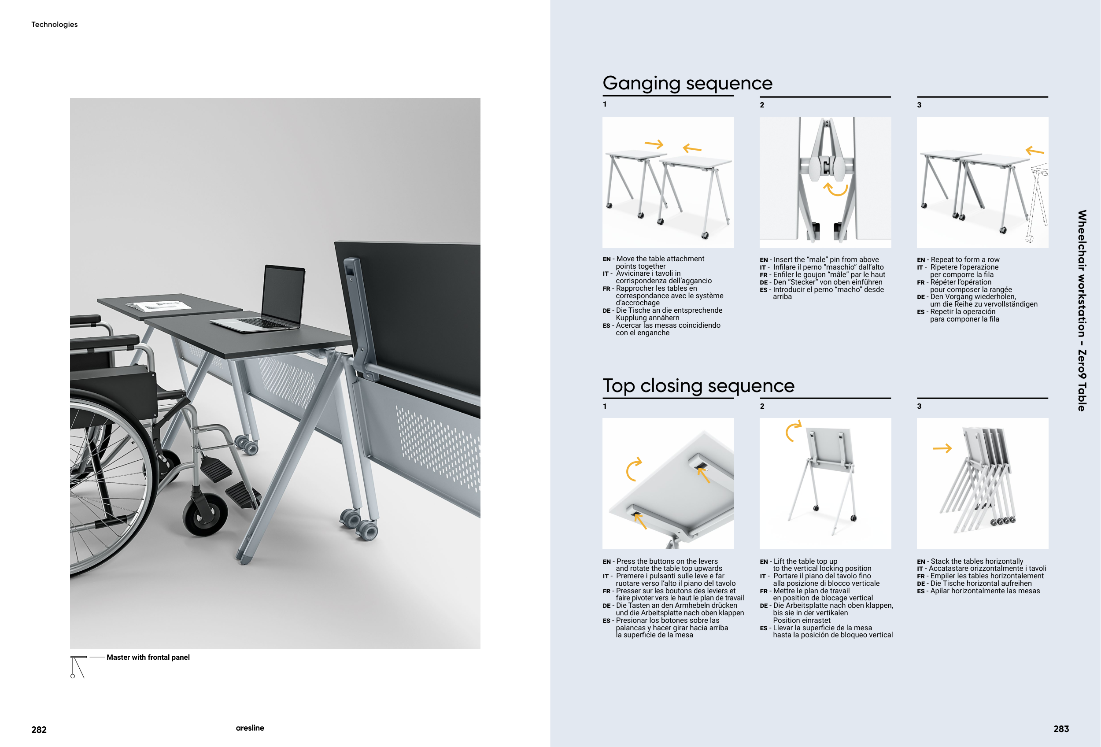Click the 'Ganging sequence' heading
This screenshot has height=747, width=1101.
(687, 83)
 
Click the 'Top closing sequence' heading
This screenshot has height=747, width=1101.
(698, 385)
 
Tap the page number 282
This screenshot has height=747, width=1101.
(39, 729)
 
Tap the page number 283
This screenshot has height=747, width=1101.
(1061, 729)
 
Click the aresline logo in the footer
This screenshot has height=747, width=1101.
(250, 728)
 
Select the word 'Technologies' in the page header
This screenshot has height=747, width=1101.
(55, 25)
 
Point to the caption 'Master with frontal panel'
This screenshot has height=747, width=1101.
(148, 657)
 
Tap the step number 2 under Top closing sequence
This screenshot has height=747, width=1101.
(762, 407)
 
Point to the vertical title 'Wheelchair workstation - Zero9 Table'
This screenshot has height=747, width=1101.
(1082, 310)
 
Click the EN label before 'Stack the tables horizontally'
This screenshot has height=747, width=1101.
(920, 562)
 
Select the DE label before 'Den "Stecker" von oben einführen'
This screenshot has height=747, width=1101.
(763, 282)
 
